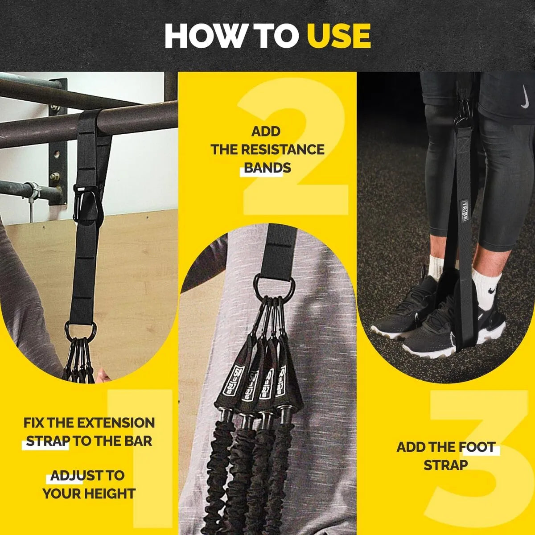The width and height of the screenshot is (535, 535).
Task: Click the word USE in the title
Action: point(339,37)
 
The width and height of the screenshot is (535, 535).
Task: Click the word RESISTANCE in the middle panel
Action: point(283,150)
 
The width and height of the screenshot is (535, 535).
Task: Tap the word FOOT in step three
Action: point(478,447)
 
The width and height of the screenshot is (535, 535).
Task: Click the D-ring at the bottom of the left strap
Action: point(81,331)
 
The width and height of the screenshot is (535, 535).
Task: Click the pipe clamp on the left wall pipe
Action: point(31,191)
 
